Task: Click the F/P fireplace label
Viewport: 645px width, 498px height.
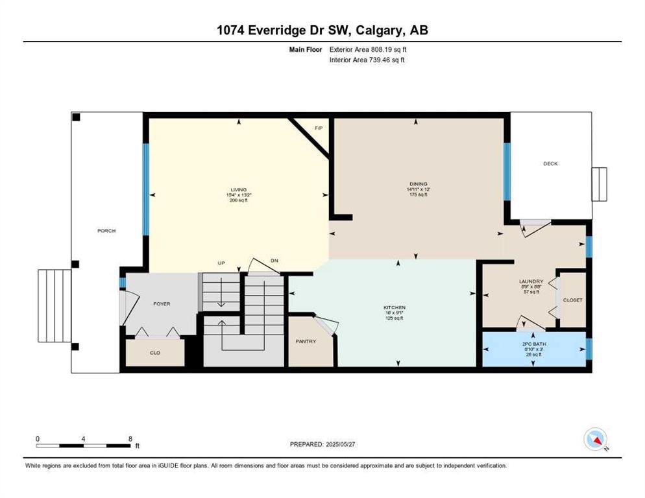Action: coord(319,128)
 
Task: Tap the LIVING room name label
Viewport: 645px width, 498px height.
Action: coord(239,189)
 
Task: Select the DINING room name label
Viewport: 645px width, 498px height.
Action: coord(419,184)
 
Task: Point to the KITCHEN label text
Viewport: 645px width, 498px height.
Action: coord(395,307)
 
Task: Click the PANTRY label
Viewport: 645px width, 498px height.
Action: coord(306,341)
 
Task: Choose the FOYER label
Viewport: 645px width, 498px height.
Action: coord(162,304)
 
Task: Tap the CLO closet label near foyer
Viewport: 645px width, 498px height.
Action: coord(155,353)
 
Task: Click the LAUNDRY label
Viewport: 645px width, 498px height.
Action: coord(531,281)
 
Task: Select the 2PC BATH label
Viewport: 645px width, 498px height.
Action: coord(534,344)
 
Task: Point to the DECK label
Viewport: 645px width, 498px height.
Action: coord(550,163)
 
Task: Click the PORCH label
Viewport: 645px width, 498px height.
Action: coord(106,231)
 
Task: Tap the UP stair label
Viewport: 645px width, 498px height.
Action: coord(221,263)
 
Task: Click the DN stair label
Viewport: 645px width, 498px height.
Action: coord(274,261)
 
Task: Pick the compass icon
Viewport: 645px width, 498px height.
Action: coord(596,440)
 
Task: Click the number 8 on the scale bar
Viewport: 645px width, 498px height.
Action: coord(130,439)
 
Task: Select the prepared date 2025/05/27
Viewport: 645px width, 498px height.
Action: coord(340,444)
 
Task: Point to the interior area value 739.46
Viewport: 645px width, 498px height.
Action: coord(380,60)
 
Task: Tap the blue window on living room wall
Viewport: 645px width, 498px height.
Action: coord(145,189)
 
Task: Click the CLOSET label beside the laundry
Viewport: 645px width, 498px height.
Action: coord(572,300)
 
